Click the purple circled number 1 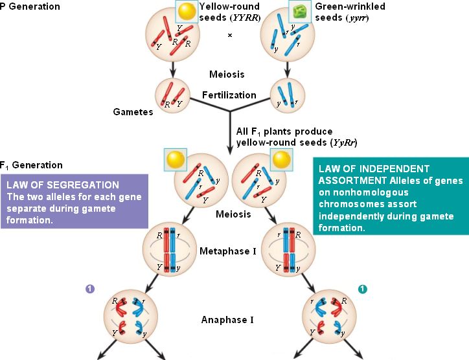pyautogui.click(x=89, y=288)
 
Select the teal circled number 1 pyautogui.click(x=363, y=288)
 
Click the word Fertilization pyautogui.click(x=229, y=95)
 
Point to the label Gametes pyautogui.click(x=133, y=112)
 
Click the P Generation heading pyautogui.click(x=30, y=6)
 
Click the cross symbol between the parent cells pyautogui.click(x=229, y=35)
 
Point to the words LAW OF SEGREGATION pyautogui.click(x=63, y=185)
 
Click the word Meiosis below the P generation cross pyautogui.click(x=227, y=75)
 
